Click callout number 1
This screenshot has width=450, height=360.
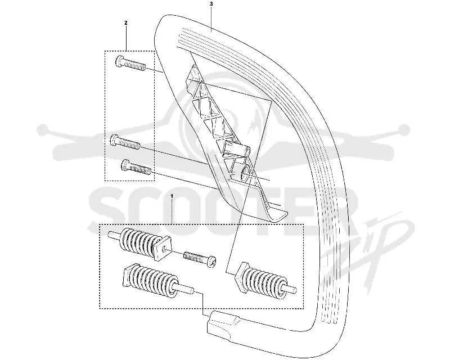click(x=172, y=196)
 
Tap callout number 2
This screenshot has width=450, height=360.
click(x=126, y=22)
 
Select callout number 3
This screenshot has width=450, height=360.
click(x=211, y=4)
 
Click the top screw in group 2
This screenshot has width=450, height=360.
click(x=130, y=64)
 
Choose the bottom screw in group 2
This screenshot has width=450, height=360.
click(x=136, y=167)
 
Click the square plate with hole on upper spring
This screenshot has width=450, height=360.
click(x=161, y=247)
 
